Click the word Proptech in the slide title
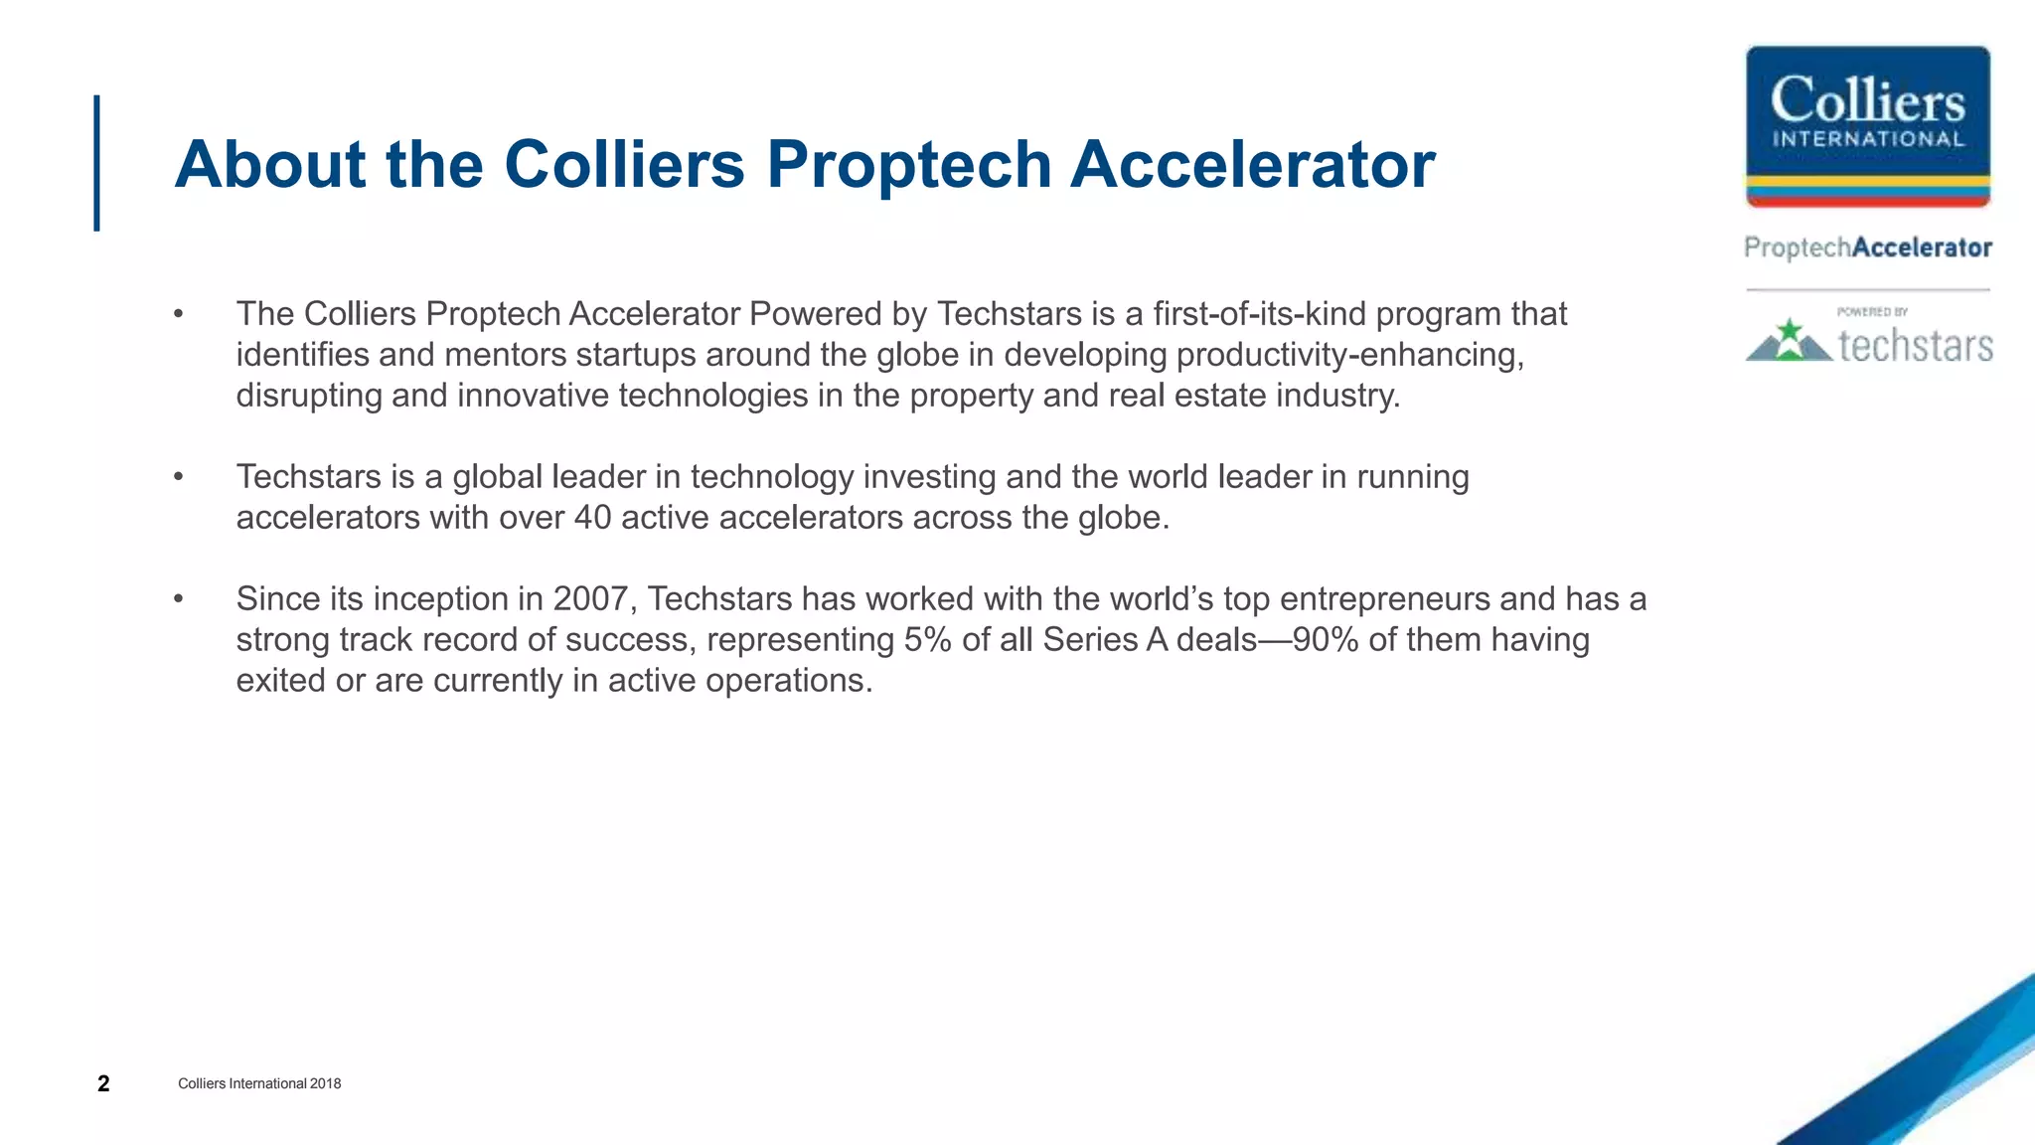point(908,165)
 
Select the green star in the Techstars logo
point(1790,330)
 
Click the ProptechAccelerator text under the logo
point(1868,247)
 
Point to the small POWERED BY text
point(1872,312)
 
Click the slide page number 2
point(103,1083)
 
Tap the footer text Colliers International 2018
point(259,1083)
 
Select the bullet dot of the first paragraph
point(179,314)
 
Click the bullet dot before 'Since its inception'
point(179,599)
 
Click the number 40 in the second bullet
point(592,518)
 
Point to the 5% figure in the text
point(927,640)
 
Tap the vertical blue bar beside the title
point(97,163)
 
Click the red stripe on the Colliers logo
point(1867,201)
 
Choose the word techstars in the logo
point(1915,345)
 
